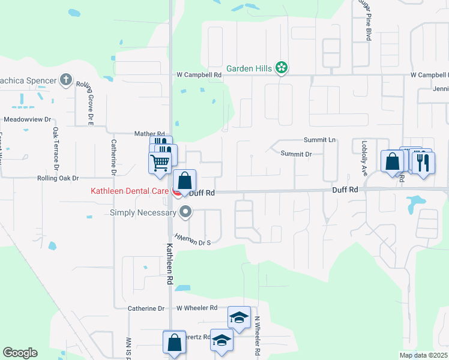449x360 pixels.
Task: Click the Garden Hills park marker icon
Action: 281,68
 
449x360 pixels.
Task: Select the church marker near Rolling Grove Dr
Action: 66,80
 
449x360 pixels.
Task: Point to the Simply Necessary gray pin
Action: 186,211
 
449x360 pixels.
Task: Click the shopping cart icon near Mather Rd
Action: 160,162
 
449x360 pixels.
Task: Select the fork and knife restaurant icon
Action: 424,161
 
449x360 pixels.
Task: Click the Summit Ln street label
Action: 319,139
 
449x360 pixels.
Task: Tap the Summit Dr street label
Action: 297,154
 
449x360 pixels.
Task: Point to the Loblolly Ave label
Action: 364,158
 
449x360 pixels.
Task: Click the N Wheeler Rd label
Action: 256,337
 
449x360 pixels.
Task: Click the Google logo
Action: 20,353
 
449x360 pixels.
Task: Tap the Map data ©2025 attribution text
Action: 423,355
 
